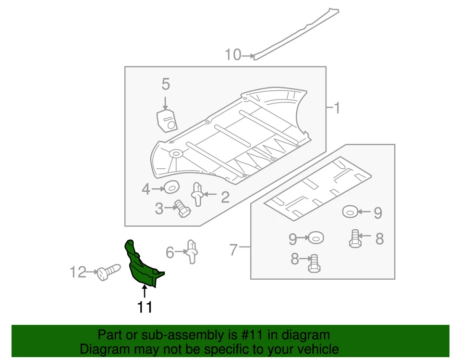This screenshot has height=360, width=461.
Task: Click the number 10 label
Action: (x=233, y=55)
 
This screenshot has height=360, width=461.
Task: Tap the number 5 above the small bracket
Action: (x=166, y=85)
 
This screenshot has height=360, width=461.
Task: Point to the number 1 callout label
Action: (x=337, y=108)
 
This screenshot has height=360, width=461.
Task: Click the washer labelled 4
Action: (x=171, y=187)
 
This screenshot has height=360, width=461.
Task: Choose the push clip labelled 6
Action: (x=192, y=251)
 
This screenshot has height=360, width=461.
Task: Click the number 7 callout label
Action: (x=233, y=250)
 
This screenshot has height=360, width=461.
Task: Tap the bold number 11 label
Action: (x=145, y=306)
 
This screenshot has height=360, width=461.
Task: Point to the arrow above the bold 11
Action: (x=145, y=291)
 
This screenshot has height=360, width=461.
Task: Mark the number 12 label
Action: (x=77, y=272)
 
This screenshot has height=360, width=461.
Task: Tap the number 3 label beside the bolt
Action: (x=159, y=209)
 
